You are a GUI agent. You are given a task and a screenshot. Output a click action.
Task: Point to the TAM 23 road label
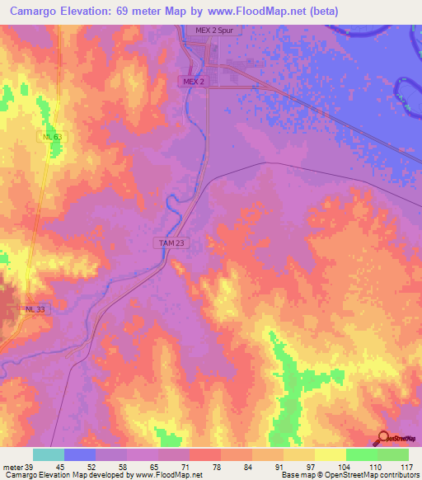[x=167, y=242]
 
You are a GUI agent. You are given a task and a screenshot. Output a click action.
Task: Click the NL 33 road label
[x=35, y=308]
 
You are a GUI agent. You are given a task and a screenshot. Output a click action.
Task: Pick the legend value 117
[x=406, y=467]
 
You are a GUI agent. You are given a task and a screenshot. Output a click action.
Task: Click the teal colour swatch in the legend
[x=49, y=454]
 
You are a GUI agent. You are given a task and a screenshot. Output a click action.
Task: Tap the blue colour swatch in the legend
[x=80, y=454]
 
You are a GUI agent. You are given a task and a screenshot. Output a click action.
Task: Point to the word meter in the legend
[x=12, y=467]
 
